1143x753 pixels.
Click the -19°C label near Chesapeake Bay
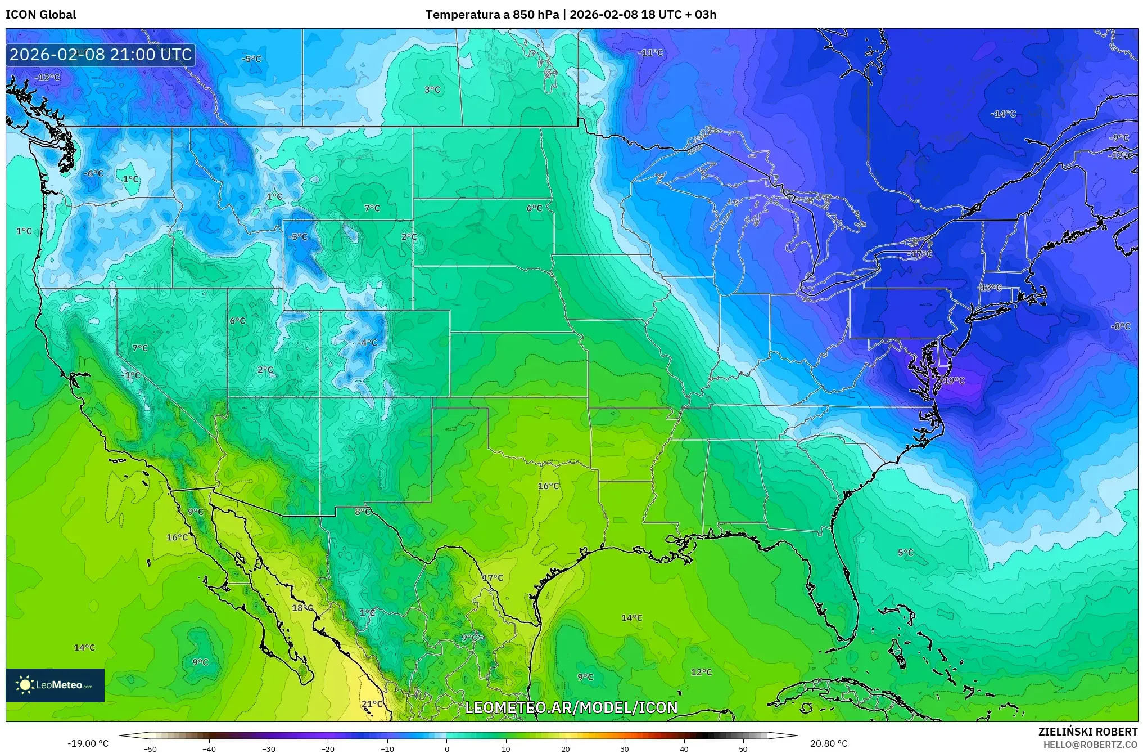953,380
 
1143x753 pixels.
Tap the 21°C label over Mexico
372,704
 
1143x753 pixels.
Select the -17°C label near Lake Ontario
919,254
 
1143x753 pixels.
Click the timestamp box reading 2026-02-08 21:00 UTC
101,55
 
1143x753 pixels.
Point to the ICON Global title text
40,14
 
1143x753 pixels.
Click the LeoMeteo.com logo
55,685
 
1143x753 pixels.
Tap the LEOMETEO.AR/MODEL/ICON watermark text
571,707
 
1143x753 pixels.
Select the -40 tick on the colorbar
209,749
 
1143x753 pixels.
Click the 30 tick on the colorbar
625,749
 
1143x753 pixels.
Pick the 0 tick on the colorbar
447,749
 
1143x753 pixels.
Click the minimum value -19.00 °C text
88,743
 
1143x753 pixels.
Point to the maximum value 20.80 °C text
828,743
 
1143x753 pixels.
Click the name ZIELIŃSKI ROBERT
1087,732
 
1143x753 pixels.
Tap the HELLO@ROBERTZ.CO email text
1090,745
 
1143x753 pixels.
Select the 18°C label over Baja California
302,608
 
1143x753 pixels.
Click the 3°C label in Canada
432,89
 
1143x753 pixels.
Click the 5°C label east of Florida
905,553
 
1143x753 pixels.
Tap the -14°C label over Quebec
1003,114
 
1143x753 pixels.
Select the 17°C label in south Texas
493,578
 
